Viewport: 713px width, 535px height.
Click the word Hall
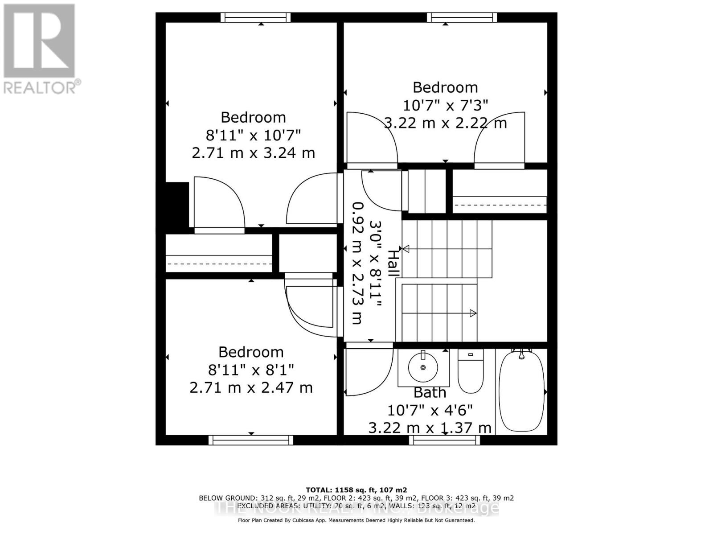[393, 263]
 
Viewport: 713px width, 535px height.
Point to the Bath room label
[430, 393]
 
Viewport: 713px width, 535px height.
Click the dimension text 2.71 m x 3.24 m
[253, 153]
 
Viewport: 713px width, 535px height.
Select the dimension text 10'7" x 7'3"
[445, 105]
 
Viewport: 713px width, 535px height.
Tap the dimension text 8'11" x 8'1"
[251, 370]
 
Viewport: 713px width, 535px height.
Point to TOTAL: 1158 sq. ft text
[356, 490]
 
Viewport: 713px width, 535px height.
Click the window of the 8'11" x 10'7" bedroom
[256, 17]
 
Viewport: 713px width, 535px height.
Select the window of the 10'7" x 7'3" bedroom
[462, 17]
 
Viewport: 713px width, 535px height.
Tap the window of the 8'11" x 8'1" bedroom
[251, 440]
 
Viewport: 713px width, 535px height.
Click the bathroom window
[444, 440]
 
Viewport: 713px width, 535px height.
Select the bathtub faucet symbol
[521, 353]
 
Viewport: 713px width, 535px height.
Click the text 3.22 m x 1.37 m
[430, 428]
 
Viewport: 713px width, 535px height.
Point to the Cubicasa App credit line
[356, 520]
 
